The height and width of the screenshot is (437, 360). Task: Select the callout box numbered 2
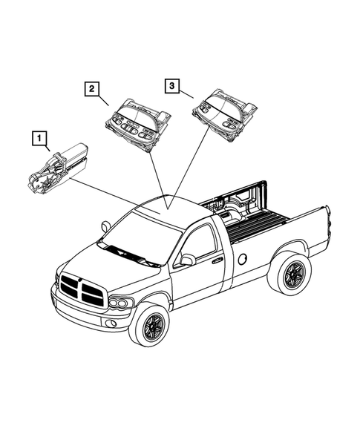[91, 90]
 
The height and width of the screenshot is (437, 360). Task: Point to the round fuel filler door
[241, 260]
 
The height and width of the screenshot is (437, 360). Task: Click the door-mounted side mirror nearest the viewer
[187, 260]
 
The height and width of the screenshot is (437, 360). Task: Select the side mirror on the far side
[105, 226]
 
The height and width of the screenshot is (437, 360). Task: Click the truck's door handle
[217, 260]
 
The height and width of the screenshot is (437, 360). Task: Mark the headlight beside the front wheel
[120, 303]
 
